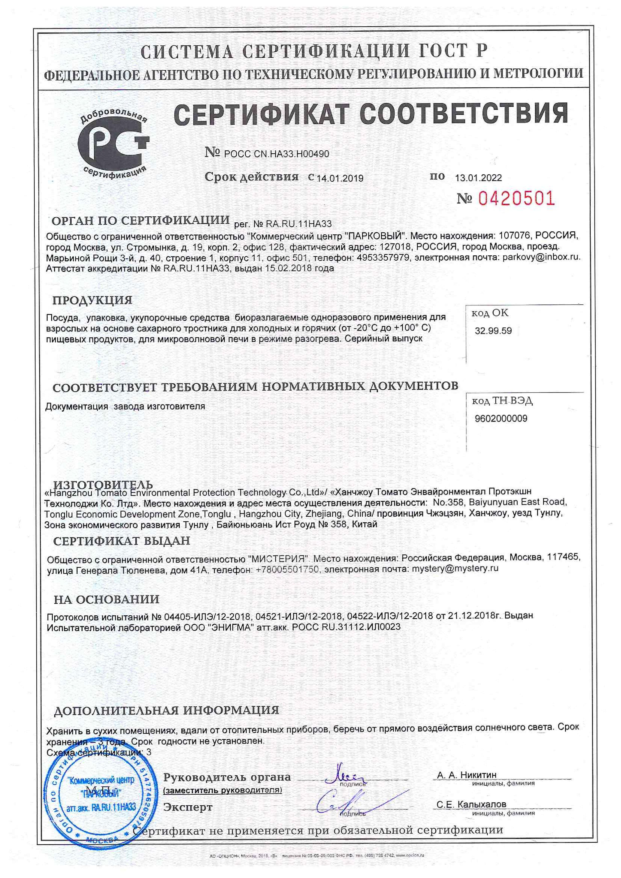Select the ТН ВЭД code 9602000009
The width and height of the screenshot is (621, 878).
501,418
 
